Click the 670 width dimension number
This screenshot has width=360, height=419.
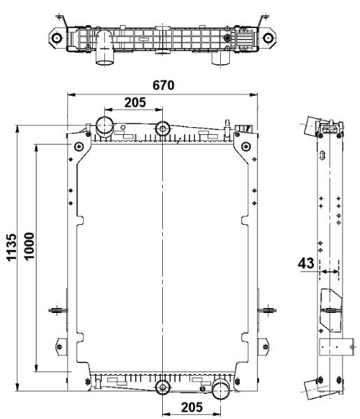[x=163, y=85]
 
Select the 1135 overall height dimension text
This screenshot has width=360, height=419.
[x=11, y=247]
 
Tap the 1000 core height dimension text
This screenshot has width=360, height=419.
[x=29, y=246]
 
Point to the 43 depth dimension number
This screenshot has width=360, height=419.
[x=306, y=263]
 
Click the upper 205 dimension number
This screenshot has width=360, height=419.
[x=135, y=103]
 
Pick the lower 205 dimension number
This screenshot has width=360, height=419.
[x=192, y=408]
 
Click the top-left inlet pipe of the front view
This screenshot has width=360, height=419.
[x=105, y=126]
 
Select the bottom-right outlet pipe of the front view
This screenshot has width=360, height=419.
[x=221, y=390]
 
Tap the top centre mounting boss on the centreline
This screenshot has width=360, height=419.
[x=163, y=128]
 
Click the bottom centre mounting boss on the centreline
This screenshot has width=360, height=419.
[x=163, y=388]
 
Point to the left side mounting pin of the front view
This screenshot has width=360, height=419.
[x=58, y=310]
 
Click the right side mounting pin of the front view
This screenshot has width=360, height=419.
[x=267, y=310]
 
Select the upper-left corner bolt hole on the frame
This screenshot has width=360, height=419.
[x=78, y=147]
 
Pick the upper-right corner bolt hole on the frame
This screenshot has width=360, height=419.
[x=246, y=147]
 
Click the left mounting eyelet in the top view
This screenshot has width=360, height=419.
[x=57, y=38]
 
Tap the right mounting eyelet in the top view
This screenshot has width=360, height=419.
[x=268, y=38]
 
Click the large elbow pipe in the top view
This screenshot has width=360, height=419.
[x=105, y=47]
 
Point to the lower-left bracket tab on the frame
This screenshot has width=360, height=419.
[x=62, y=346]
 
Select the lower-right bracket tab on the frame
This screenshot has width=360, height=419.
[x=264, y=346]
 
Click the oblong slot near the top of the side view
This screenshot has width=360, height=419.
[x=322, y=155]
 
